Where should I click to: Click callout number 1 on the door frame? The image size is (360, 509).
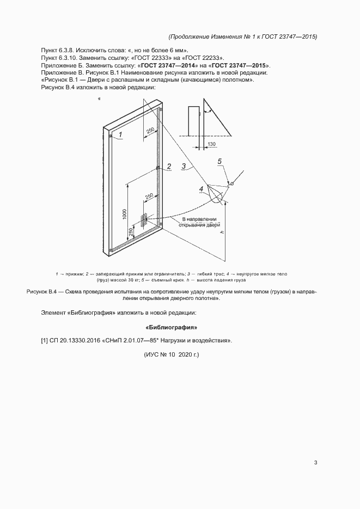click(121, 133)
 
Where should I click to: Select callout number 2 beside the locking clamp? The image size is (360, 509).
click(169, 166)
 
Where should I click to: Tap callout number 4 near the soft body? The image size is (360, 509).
click(201, 189)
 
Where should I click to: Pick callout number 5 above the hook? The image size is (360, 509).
click(219, 161)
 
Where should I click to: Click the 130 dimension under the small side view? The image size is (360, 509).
click(211, 144)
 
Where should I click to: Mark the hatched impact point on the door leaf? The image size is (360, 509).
click(144, 220)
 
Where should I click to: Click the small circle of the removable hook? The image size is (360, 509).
click(232, 184)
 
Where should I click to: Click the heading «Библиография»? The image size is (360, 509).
click(172, 328)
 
